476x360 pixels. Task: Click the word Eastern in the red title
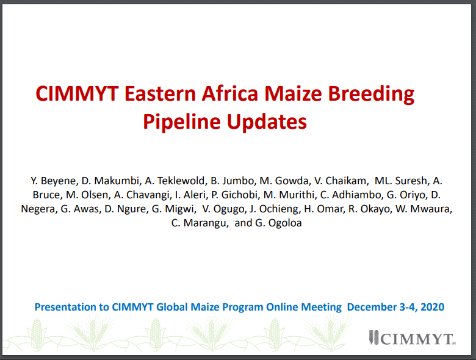click(160, 93)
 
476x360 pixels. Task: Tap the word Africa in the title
click(230, 93)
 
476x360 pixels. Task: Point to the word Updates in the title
click(267, 122)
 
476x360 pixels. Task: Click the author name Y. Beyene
click(54, 181)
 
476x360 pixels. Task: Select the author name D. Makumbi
click(110, 181)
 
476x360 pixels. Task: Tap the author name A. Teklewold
click(175, 181)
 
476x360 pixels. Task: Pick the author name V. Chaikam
click(341, 181)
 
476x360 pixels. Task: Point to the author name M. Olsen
click(87, 195)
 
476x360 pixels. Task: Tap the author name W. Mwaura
click(424, 209)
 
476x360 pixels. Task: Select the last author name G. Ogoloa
click(278, 223)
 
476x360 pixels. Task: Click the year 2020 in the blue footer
click(433, 307)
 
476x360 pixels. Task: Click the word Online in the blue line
click(282, 307)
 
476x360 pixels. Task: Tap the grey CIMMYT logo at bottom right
click(413, 338)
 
